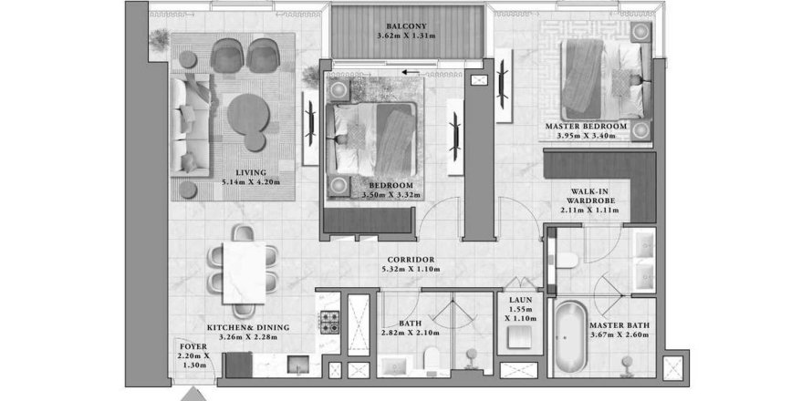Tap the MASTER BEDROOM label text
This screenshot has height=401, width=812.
(587, 125)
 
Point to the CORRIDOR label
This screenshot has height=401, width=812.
(410, 259)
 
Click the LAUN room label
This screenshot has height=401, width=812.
(519, 299)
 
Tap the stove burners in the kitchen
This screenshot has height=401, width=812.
(328, 323)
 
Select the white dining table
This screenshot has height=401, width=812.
(245, 272)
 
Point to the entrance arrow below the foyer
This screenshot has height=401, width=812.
(193, 394)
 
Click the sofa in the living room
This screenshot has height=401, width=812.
(190, 123)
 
